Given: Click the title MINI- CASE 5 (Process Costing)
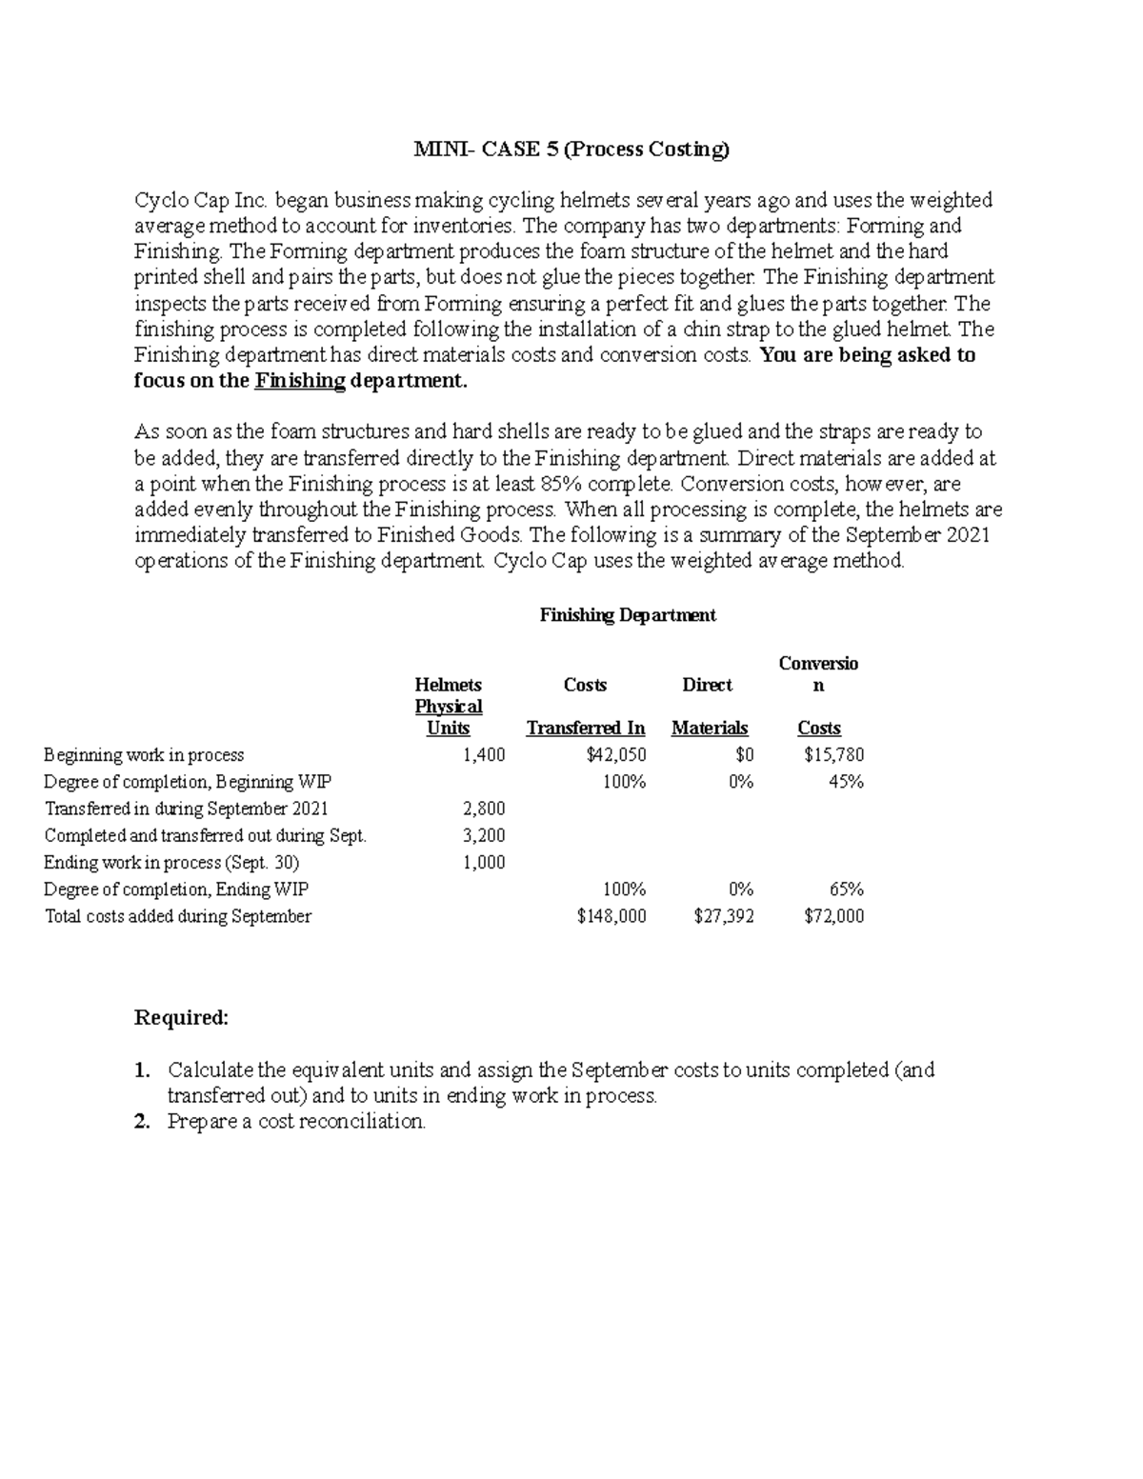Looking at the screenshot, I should point(571,149).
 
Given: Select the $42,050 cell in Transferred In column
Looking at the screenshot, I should point(616,755).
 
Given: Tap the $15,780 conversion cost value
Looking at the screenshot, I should point(834,755).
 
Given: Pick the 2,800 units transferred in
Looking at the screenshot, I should point(484,809).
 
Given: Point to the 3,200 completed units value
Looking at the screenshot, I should point(484,835).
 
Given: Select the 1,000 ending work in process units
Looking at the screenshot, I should point(484,862).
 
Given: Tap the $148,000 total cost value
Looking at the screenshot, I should point(612,916).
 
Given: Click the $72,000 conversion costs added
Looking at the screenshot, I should point(834,916).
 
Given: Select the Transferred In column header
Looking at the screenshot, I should point(586,729).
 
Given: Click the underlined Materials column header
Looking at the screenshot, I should point(710,729).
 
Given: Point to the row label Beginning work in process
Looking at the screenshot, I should point(144,755).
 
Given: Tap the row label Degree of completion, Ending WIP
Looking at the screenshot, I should point(176,889).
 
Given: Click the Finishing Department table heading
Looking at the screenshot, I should point(628,615).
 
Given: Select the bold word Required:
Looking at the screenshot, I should point(182,1018).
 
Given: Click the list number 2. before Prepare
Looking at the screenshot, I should point(143,1122).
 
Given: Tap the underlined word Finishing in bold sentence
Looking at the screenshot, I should point(300,382).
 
